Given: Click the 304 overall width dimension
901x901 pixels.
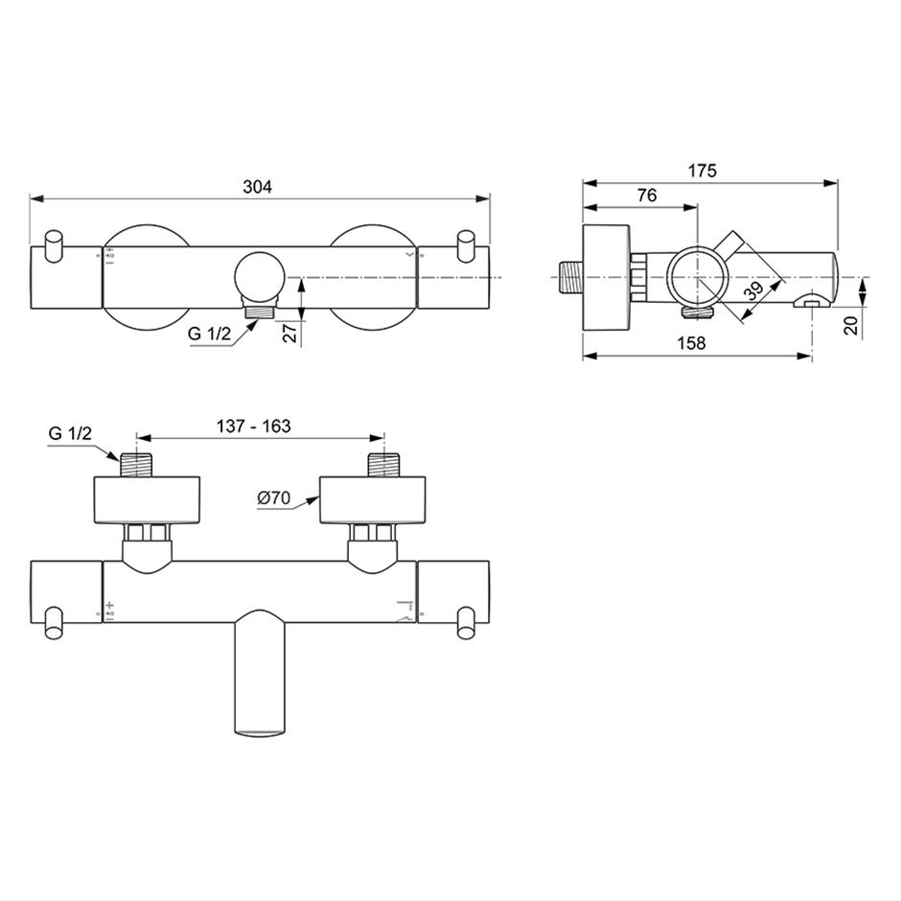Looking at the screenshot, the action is pos(257,187).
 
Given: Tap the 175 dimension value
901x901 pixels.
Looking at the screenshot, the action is pos(703,171).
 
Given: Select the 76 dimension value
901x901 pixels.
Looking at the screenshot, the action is pos(647,196).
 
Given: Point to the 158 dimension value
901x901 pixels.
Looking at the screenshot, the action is pos(691,343).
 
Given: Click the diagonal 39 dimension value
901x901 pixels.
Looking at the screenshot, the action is pos(754,290).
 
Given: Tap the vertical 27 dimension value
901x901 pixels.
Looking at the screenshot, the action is pos(291,334).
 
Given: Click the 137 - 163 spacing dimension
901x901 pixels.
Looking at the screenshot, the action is pos(253,426).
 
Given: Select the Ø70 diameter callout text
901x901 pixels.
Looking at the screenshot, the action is pos(273,497).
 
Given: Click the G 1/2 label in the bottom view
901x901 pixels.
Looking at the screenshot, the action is pos(70,432).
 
